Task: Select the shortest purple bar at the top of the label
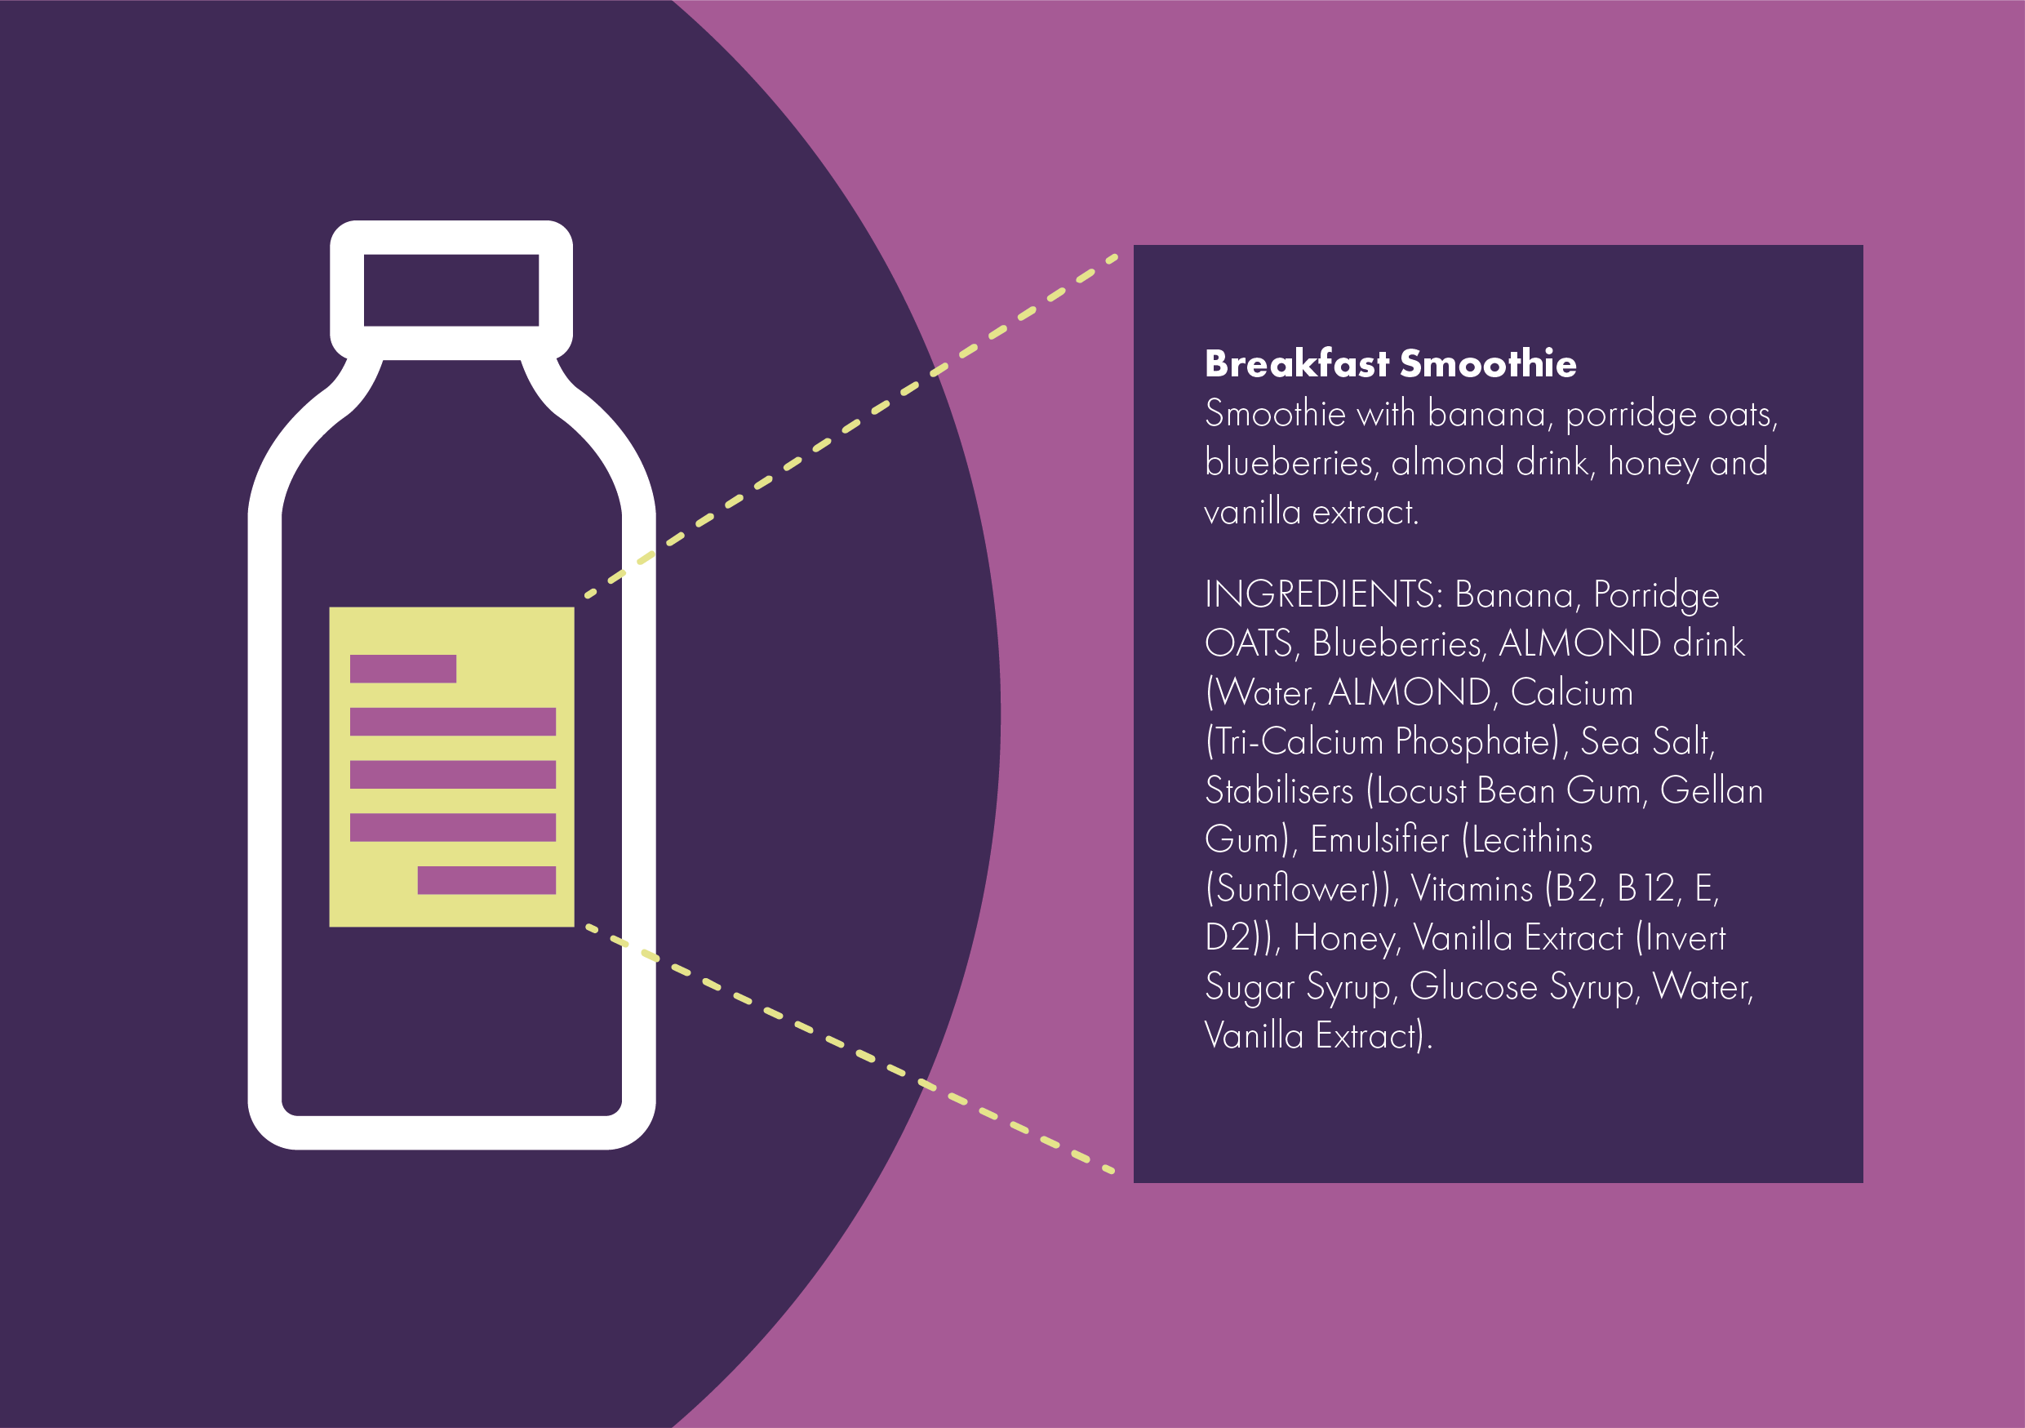coord(402,669)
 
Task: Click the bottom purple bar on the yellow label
coord(486,880)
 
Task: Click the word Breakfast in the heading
coord(1296,364)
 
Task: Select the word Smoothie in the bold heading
coord(1488,364)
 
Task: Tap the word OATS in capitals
coord(1249,644)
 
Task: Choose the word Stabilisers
coord(1279,791)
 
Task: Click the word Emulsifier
coord(1379,839)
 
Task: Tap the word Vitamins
coord(1471,889)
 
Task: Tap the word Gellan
coord(1711,791)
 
